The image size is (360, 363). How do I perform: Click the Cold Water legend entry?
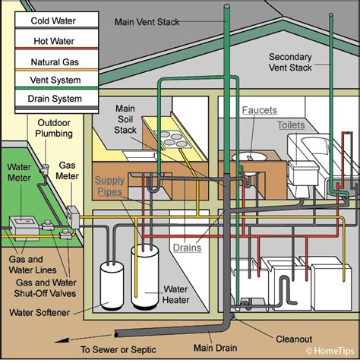pyautogui.click(x=52, y=21)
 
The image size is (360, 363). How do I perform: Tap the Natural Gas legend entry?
pyautogui.click(x=52, y=62)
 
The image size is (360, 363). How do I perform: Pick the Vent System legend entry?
pyautogui.click(x=52, y=80)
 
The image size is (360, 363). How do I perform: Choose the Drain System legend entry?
pyautogui.click(x=52, y=100)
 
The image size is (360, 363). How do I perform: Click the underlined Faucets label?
pyautogui.click(x=259, y=110)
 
